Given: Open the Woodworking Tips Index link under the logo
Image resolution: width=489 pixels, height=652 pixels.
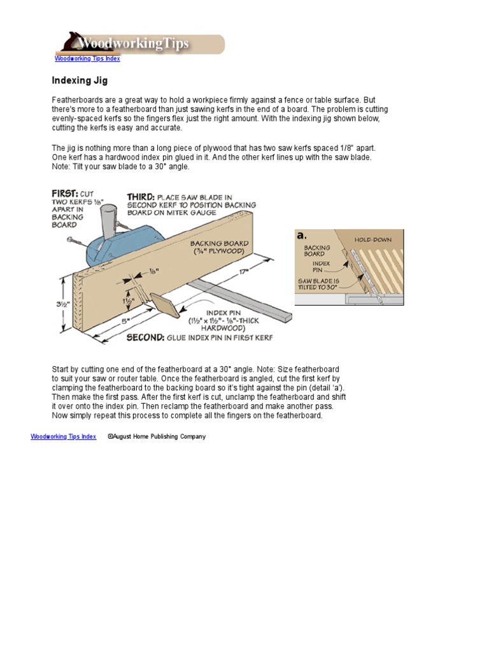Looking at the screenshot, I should pyautogui.click(x=87, y=59).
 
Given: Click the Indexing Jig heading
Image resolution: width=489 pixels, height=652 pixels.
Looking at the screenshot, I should pyautogui.click(x=80, y=81).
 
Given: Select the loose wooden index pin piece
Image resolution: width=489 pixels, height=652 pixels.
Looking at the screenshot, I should pyautogui.click(x=170, y=306).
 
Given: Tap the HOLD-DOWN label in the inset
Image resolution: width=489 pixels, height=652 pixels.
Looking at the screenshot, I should pyautogui.click(x=372, y=240).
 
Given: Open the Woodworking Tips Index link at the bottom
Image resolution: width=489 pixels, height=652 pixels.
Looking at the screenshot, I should pyautogui.click(x=64, y=437).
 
